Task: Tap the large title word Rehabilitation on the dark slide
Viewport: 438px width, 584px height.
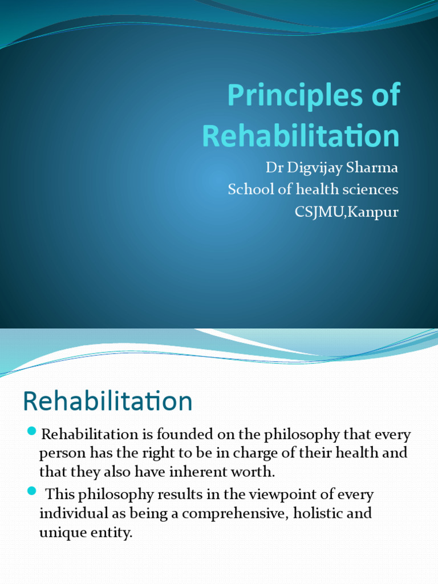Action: pos(301,136)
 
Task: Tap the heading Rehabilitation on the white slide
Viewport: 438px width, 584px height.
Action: pos(108,401)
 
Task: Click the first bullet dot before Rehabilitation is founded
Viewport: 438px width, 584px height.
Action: pos(32,430)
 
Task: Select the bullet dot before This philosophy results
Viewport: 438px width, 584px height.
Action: pos(32,490)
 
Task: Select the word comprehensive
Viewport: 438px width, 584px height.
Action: pos(228,513)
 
